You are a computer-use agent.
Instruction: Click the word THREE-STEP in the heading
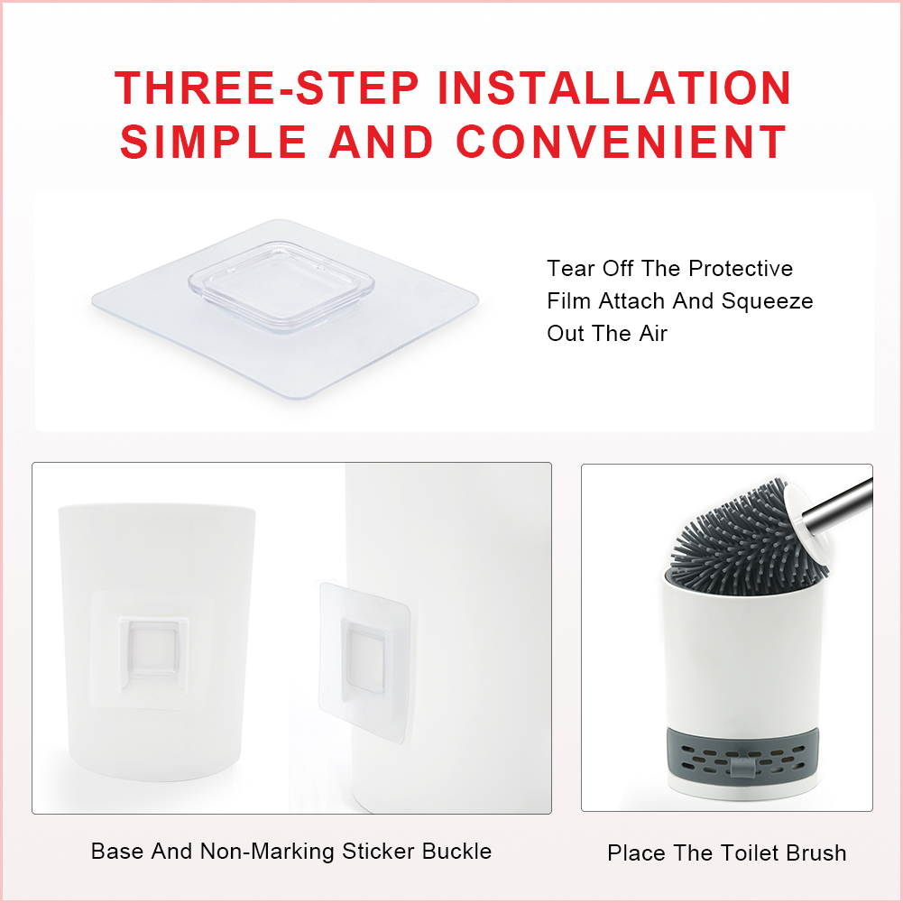[267, 88]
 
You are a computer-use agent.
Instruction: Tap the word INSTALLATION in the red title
[614, 88]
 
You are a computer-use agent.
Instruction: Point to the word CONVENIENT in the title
[622, 142]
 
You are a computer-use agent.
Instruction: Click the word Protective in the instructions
[741, 268]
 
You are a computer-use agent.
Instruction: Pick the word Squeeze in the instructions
[767, 301]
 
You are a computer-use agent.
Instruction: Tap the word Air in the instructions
[653, 334]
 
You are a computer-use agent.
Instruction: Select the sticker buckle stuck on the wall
[364, 662]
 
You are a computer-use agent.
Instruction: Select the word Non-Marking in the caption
[267, 852]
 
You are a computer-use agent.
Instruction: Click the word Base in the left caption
[118, 852]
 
